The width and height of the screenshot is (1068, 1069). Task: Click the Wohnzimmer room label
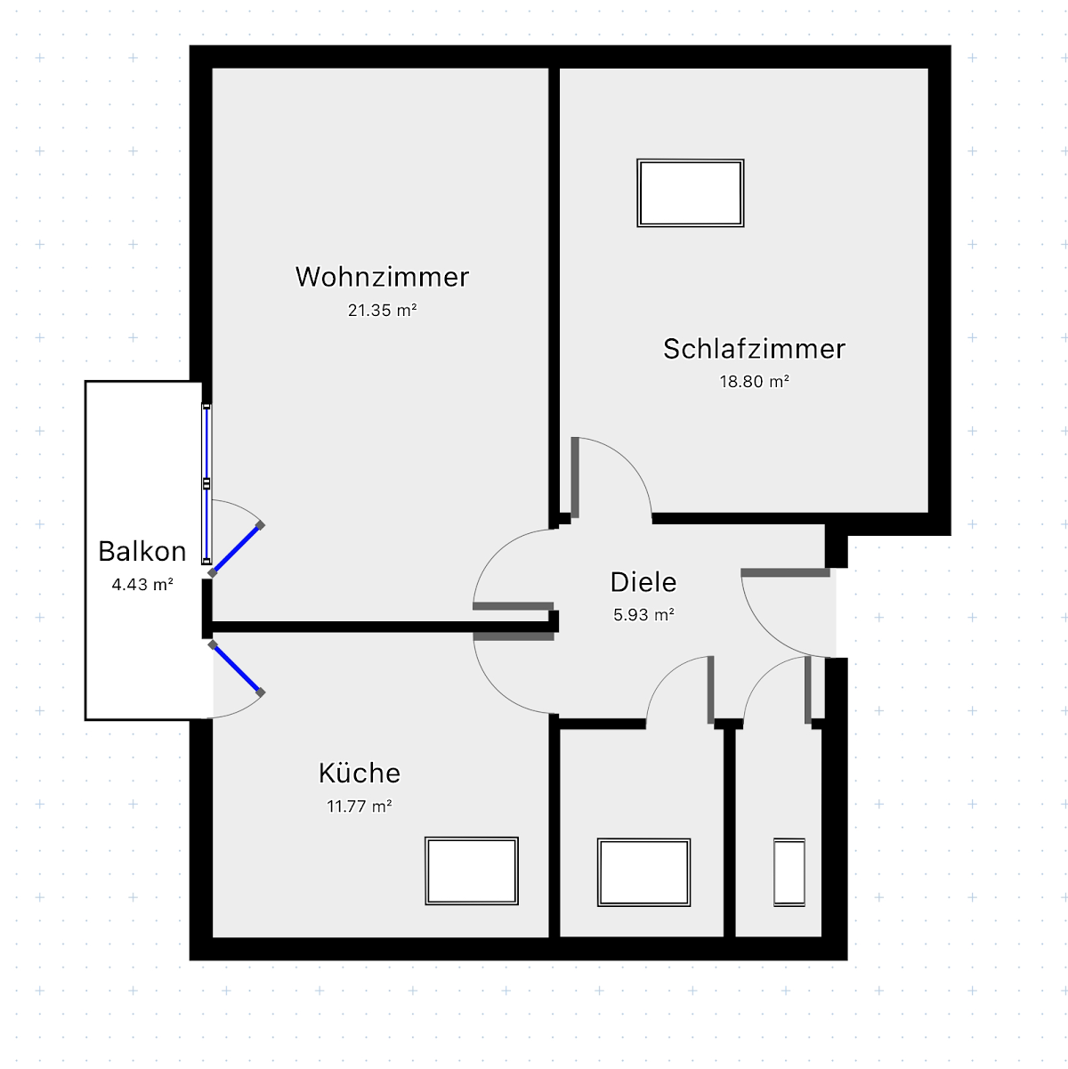(x=382, y=277)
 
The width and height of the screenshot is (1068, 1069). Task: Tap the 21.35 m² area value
(x=382, y=310)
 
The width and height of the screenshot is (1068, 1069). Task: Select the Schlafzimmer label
(x=754, y=349)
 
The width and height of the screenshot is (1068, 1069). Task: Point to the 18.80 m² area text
(x=754, y=382)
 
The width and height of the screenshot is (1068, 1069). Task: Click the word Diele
(x=643, y=582)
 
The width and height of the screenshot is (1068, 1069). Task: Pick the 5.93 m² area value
(x=643, y=615)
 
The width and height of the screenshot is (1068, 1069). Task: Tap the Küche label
(x=359, y=773)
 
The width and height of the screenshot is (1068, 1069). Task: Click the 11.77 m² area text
(x=359, y=806)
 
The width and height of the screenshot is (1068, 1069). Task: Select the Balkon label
(x=142, y=552)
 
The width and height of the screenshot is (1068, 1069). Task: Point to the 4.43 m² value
(x=142, y=584)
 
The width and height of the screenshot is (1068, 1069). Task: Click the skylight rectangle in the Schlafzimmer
(x=690, y=193)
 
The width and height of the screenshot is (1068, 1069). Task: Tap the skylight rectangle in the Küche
(x=472, y=871)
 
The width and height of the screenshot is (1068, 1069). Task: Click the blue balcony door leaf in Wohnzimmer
(x=236, y=548)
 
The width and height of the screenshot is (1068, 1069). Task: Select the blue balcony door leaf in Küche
(x=237, y=668)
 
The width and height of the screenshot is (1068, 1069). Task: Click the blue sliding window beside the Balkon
(x=206, y=484)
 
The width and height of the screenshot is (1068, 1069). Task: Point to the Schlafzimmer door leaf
(x=575, y=477)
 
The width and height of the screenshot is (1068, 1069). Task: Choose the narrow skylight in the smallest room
(x=789, y=872)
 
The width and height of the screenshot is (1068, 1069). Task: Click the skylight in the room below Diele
(x=643, y=872)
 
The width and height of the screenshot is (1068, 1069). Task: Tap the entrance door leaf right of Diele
(x=786, y=572)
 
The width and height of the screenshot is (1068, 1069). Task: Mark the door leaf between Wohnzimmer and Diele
(x=514, y=606)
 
